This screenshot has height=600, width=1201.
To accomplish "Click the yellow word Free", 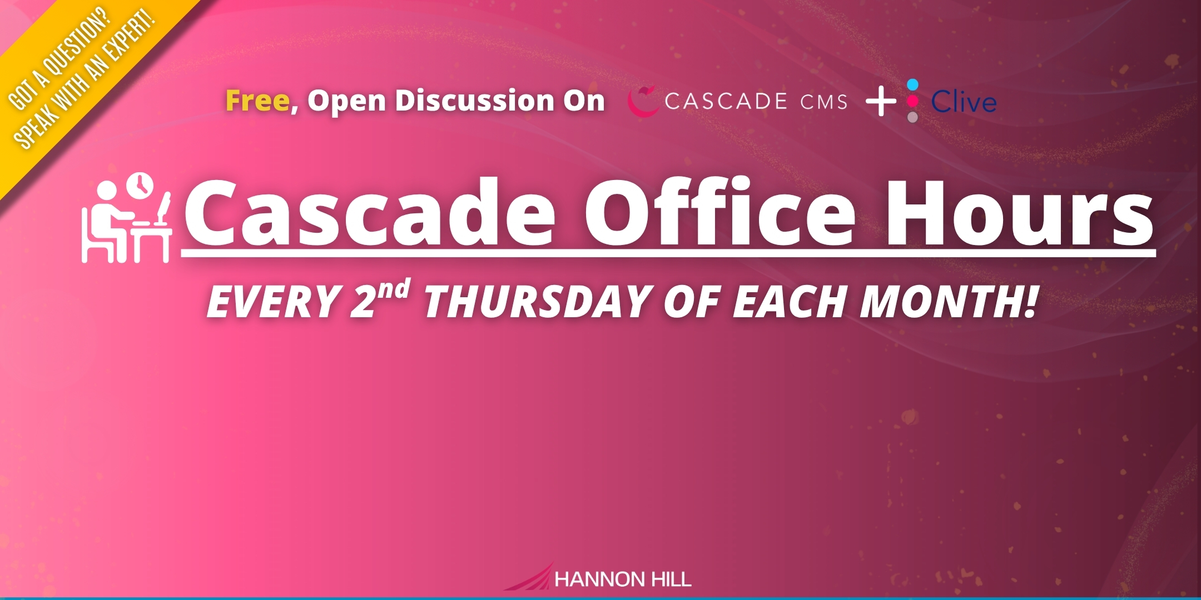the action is click(x=257, y=101).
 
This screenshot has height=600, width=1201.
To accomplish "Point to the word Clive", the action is click(x=964, y=102).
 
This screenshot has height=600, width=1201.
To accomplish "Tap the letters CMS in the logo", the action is click(x=824, y=102).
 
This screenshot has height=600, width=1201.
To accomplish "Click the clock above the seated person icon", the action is click(x=140, y=186).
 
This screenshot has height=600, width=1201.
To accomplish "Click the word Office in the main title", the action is click(x=720, y=211).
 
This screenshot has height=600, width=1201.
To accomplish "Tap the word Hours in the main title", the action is click(x=1019, y=212).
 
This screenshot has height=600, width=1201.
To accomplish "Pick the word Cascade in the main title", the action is click(x=370, y=212).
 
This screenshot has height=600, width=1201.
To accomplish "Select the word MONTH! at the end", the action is click(x=949, y=302).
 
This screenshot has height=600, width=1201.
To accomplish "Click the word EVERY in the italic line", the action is click(x=274, y=302).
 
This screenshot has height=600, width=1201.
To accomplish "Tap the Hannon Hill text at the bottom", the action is click(x=623, y=579).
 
